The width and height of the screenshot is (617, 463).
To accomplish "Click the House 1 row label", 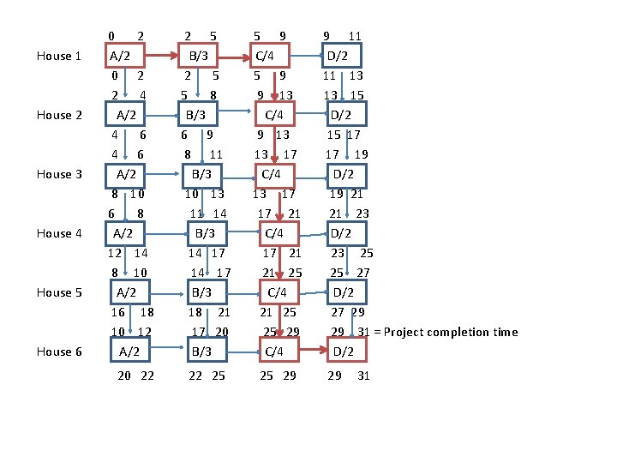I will (59, 57).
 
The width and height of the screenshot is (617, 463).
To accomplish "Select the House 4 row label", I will (59, 233).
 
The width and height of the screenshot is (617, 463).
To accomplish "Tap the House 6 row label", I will (59, 352).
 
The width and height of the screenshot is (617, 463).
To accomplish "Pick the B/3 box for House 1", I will (199, 57).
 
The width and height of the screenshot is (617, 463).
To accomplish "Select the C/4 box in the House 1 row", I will (267, 57).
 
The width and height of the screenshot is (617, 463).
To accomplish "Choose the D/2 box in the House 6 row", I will (344, 352).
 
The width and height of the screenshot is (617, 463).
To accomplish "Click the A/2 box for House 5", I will (128, 292).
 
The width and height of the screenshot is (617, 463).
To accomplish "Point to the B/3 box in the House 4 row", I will (204, 233).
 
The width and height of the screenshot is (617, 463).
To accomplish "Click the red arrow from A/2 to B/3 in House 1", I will (160, 57).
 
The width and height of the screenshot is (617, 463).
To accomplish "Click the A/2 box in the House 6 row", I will (130, 352).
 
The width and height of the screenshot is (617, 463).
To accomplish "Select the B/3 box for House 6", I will (201, 352).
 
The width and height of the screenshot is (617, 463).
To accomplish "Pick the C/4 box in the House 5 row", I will (277, 292).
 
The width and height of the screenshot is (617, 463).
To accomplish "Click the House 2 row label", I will (59, 115).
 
